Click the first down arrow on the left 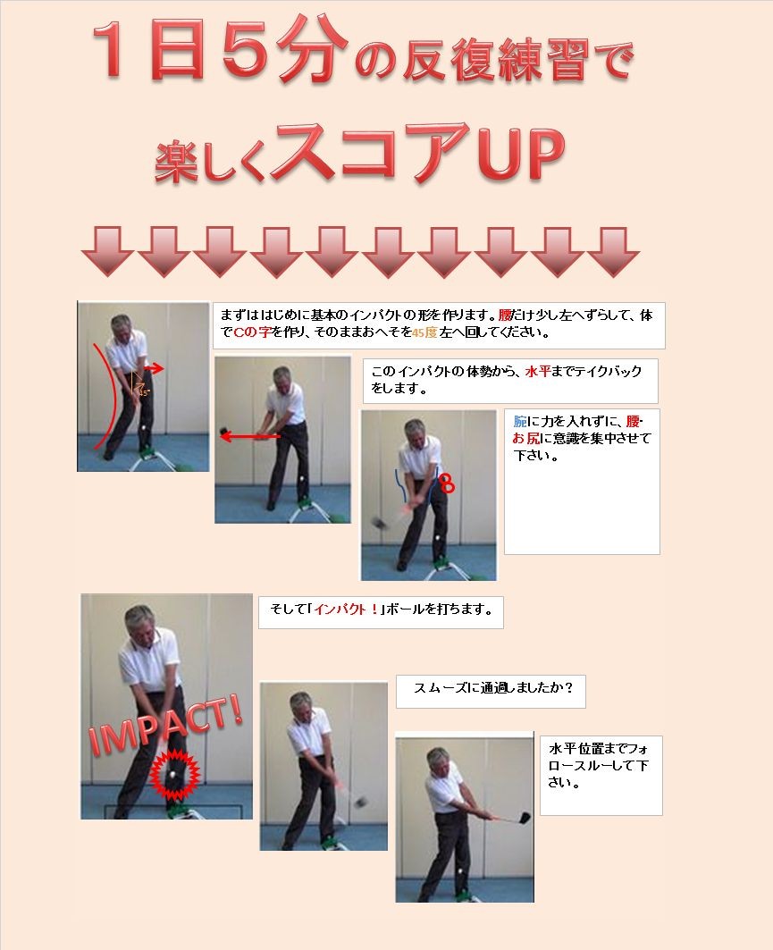coord(107,250)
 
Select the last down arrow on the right coord(612,250)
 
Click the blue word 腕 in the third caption coord(520,421)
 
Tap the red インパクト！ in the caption coord(345,612)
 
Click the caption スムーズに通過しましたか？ coord(491,690)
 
